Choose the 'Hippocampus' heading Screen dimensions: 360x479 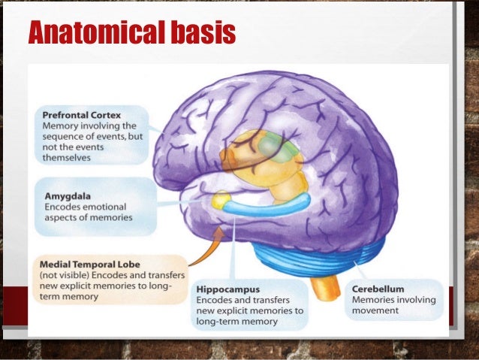[x=228, y=289]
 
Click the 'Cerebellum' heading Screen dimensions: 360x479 [x=378, y=289]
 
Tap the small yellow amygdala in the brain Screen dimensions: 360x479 [x=221, y=200]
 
